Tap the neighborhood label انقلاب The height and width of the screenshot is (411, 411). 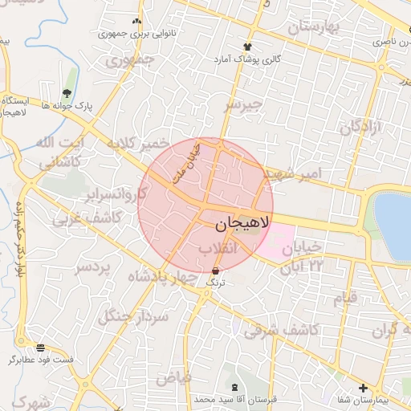pos(218,250)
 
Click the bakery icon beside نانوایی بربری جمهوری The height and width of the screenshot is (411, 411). pos(136,22)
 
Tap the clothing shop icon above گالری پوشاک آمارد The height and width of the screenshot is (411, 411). pos(247,47)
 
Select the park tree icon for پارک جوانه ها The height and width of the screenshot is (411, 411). pos(67,93)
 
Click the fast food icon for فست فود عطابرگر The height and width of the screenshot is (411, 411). pos(30,347)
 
